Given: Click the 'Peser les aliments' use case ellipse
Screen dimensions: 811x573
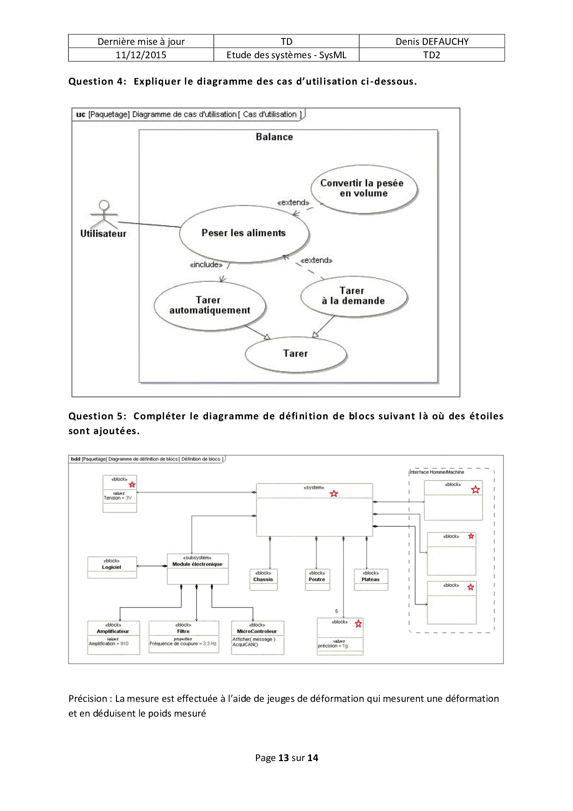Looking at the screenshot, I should pos(244,233).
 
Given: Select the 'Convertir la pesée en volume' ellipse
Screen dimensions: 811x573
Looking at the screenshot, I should pos(364,189).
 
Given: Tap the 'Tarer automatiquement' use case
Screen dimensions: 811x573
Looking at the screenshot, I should pos(210,306).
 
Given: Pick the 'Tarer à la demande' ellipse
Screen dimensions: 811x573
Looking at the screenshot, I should pos(354,296).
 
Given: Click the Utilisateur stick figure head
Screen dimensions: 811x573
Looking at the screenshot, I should pos(104,205).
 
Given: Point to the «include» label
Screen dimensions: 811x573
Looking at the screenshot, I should pos(206,265).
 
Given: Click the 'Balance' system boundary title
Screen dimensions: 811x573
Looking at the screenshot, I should pos(274,137).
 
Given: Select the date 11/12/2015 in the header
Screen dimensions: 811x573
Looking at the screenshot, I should pos(141,55).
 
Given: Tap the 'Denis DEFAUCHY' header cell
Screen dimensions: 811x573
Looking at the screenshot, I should pos(432,42).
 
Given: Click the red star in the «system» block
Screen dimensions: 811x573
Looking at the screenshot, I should pos(334,494).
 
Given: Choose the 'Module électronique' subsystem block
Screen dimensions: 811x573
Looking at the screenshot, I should pos(197,568).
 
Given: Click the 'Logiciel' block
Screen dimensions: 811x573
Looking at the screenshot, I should pos(112,567).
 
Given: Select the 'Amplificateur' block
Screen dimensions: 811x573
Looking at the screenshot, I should pos(113,637).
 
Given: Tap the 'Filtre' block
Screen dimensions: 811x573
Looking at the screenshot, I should pos(183,637).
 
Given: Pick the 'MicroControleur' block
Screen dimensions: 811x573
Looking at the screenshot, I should pos(257,637).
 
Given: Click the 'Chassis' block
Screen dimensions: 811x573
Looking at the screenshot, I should pos(263,580).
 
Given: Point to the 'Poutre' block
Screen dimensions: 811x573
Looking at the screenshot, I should pos(317,580).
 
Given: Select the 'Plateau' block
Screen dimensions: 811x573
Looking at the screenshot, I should pos(371,580).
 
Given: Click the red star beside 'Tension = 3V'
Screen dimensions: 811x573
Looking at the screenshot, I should pos(132,485).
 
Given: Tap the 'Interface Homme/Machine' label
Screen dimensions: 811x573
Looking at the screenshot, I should pos(437,472).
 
